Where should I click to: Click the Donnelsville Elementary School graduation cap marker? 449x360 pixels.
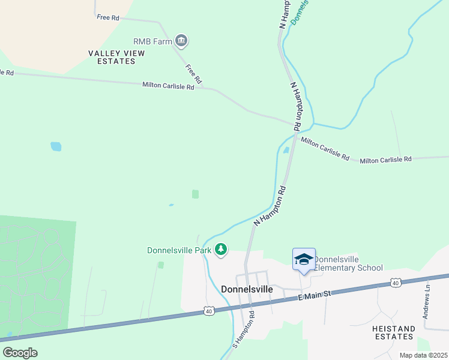[304, 259]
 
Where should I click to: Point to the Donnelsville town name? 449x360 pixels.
[247, 289]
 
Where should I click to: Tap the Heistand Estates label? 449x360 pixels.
[393, 332]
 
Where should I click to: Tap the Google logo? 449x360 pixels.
[20, 353]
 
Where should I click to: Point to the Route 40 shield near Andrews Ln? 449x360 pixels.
[394, 282]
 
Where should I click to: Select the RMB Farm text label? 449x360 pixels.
[152, 41]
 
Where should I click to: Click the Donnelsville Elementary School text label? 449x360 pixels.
[348, 263]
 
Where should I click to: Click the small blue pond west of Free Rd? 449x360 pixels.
[56, 146]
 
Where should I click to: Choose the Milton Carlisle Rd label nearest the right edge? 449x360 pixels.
[385, 160]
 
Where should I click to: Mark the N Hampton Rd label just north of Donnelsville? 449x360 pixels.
[270, 206]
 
